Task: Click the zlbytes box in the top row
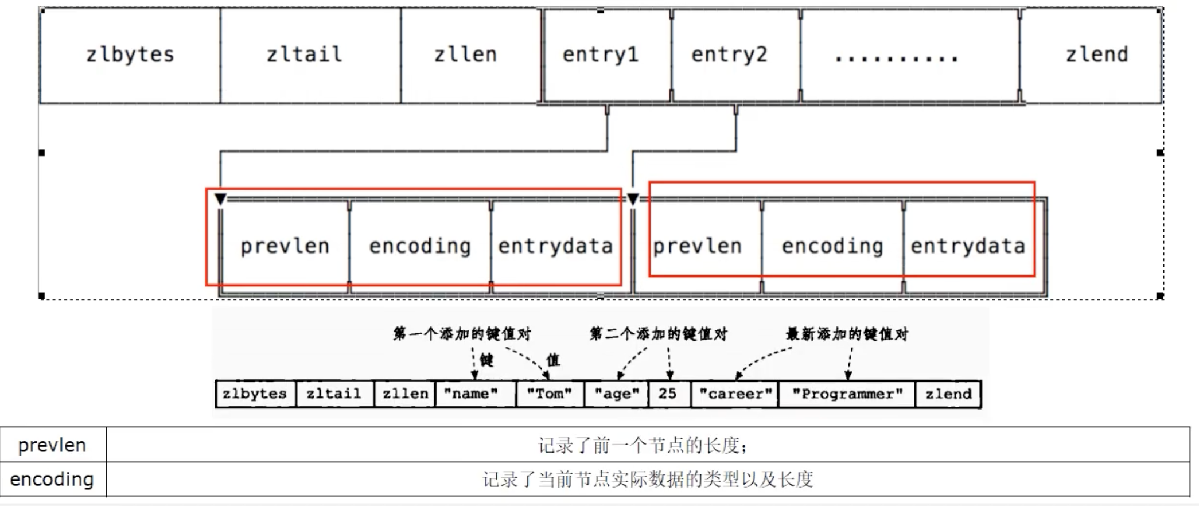(130, 55)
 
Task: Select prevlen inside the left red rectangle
(285, 246)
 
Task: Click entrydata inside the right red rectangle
(968, 246)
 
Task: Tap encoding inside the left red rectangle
(420, 246)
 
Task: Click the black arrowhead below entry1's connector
(220, 199)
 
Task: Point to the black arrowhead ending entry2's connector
(633, 199)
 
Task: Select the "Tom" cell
(550, 394)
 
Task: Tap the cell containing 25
(668, 394)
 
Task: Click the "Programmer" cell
(847, 394)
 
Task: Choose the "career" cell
(735, 394)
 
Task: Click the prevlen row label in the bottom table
(52, 445)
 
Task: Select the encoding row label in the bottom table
(52, 479)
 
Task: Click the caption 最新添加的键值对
(847, 334)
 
